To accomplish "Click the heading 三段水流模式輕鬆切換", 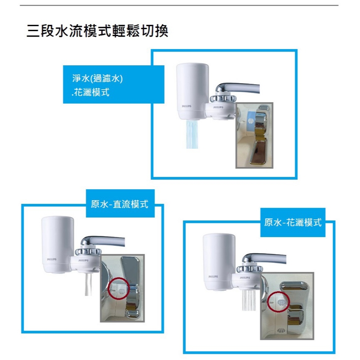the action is tap(97, 31).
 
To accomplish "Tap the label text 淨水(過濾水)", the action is tap(97, 78).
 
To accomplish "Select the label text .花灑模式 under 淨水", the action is tap(90, 92).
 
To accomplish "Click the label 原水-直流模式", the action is tap(120, 204).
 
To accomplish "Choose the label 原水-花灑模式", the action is tap(293, 222).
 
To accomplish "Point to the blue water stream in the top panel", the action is tap(192, 134).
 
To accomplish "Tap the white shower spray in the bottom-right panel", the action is tap(249, 300).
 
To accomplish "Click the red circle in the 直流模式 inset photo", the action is tap(119, 289).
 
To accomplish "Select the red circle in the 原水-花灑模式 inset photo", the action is tap(279, 302).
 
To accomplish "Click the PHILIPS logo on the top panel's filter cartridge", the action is tap(186, 106).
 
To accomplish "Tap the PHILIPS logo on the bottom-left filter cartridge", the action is tap(51, 259).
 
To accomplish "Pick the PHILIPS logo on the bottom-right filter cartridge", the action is tap(213, 277).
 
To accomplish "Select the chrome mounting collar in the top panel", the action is tap(223, 99).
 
